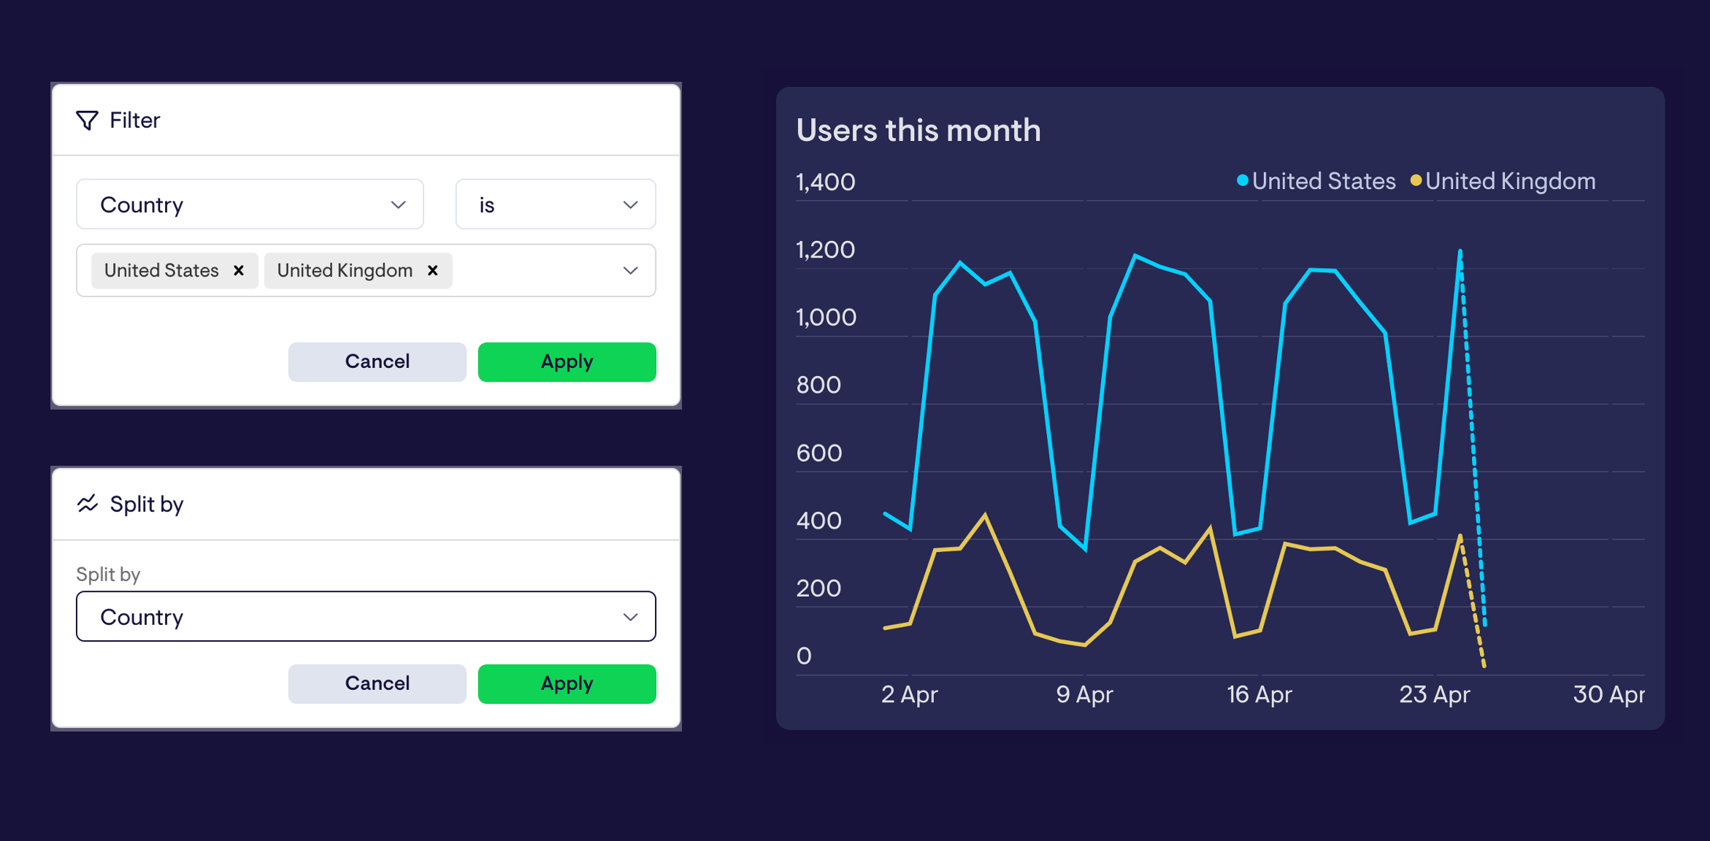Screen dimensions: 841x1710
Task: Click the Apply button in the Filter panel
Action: click(x=567, y=362)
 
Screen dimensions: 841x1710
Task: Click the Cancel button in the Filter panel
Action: click(x=377, y=362)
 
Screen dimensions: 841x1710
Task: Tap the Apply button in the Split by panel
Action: click(x=567, y=684)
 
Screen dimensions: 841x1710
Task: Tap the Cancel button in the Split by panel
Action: click(x=377, y=684)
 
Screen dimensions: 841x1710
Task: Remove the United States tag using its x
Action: click(x=239, y=271)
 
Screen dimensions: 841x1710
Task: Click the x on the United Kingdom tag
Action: click(x=432, y=271)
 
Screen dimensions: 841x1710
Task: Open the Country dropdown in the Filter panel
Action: click(x=250, y=204)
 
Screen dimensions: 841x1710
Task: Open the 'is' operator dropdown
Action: click(x=555, y=204)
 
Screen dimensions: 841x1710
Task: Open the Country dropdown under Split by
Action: click(x=365, y=617)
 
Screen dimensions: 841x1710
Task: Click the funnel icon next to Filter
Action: click(x=87, y=120)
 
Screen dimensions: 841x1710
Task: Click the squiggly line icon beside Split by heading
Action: click(x=88, y=504)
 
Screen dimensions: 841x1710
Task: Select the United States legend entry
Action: click(x=1316, y=181)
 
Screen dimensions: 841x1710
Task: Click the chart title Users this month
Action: click(x=918, y=131)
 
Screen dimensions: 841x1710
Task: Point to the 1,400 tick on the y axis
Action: click(x=825, y=183)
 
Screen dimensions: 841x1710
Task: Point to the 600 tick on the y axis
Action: click(x=818, y=453)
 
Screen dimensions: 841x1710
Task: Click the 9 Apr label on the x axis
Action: click(x=1084, y=694)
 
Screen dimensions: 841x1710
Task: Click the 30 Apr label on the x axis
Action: click(x=1609, y=694)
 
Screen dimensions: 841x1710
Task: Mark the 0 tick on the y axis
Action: click(x=804, y=656)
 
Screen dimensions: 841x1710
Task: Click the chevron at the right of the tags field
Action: click(x=630, y=271)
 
